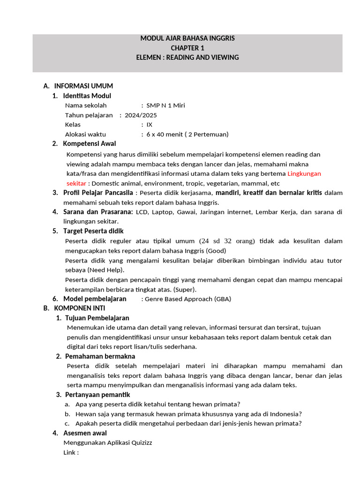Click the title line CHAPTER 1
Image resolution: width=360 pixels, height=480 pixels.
click(187, 48)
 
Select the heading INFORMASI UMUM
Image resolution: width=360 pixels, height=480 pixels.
click(83, 86)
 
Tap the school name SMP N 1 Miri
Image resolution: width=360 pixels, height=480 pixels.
click(165, 105)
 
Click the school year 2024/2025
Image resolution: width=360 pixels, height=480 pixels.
click(141, 115)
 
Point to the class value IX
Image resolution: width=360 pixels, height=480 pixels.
click(149, 125)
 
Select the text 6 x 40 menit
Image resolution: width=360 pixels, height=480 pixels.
click(165, 135)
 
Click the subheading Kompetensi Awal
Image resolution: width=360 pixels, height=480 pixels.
click(90, 143)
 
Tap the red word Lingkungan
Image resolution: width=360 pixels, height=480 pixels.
click(304, 173)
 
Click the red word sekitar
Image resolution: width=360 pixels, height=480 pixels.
click(76, 183)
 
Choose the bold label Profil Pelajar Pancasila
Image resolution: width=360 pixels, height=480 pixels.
click(98, 193)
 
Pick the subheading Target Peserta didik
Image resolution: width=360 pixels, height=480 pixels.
click(94, 231)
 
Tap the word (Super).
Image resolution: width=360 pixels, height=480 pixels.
click(185, 289)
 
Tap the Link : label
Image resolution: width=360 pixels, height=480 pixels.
click(71, 452)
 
